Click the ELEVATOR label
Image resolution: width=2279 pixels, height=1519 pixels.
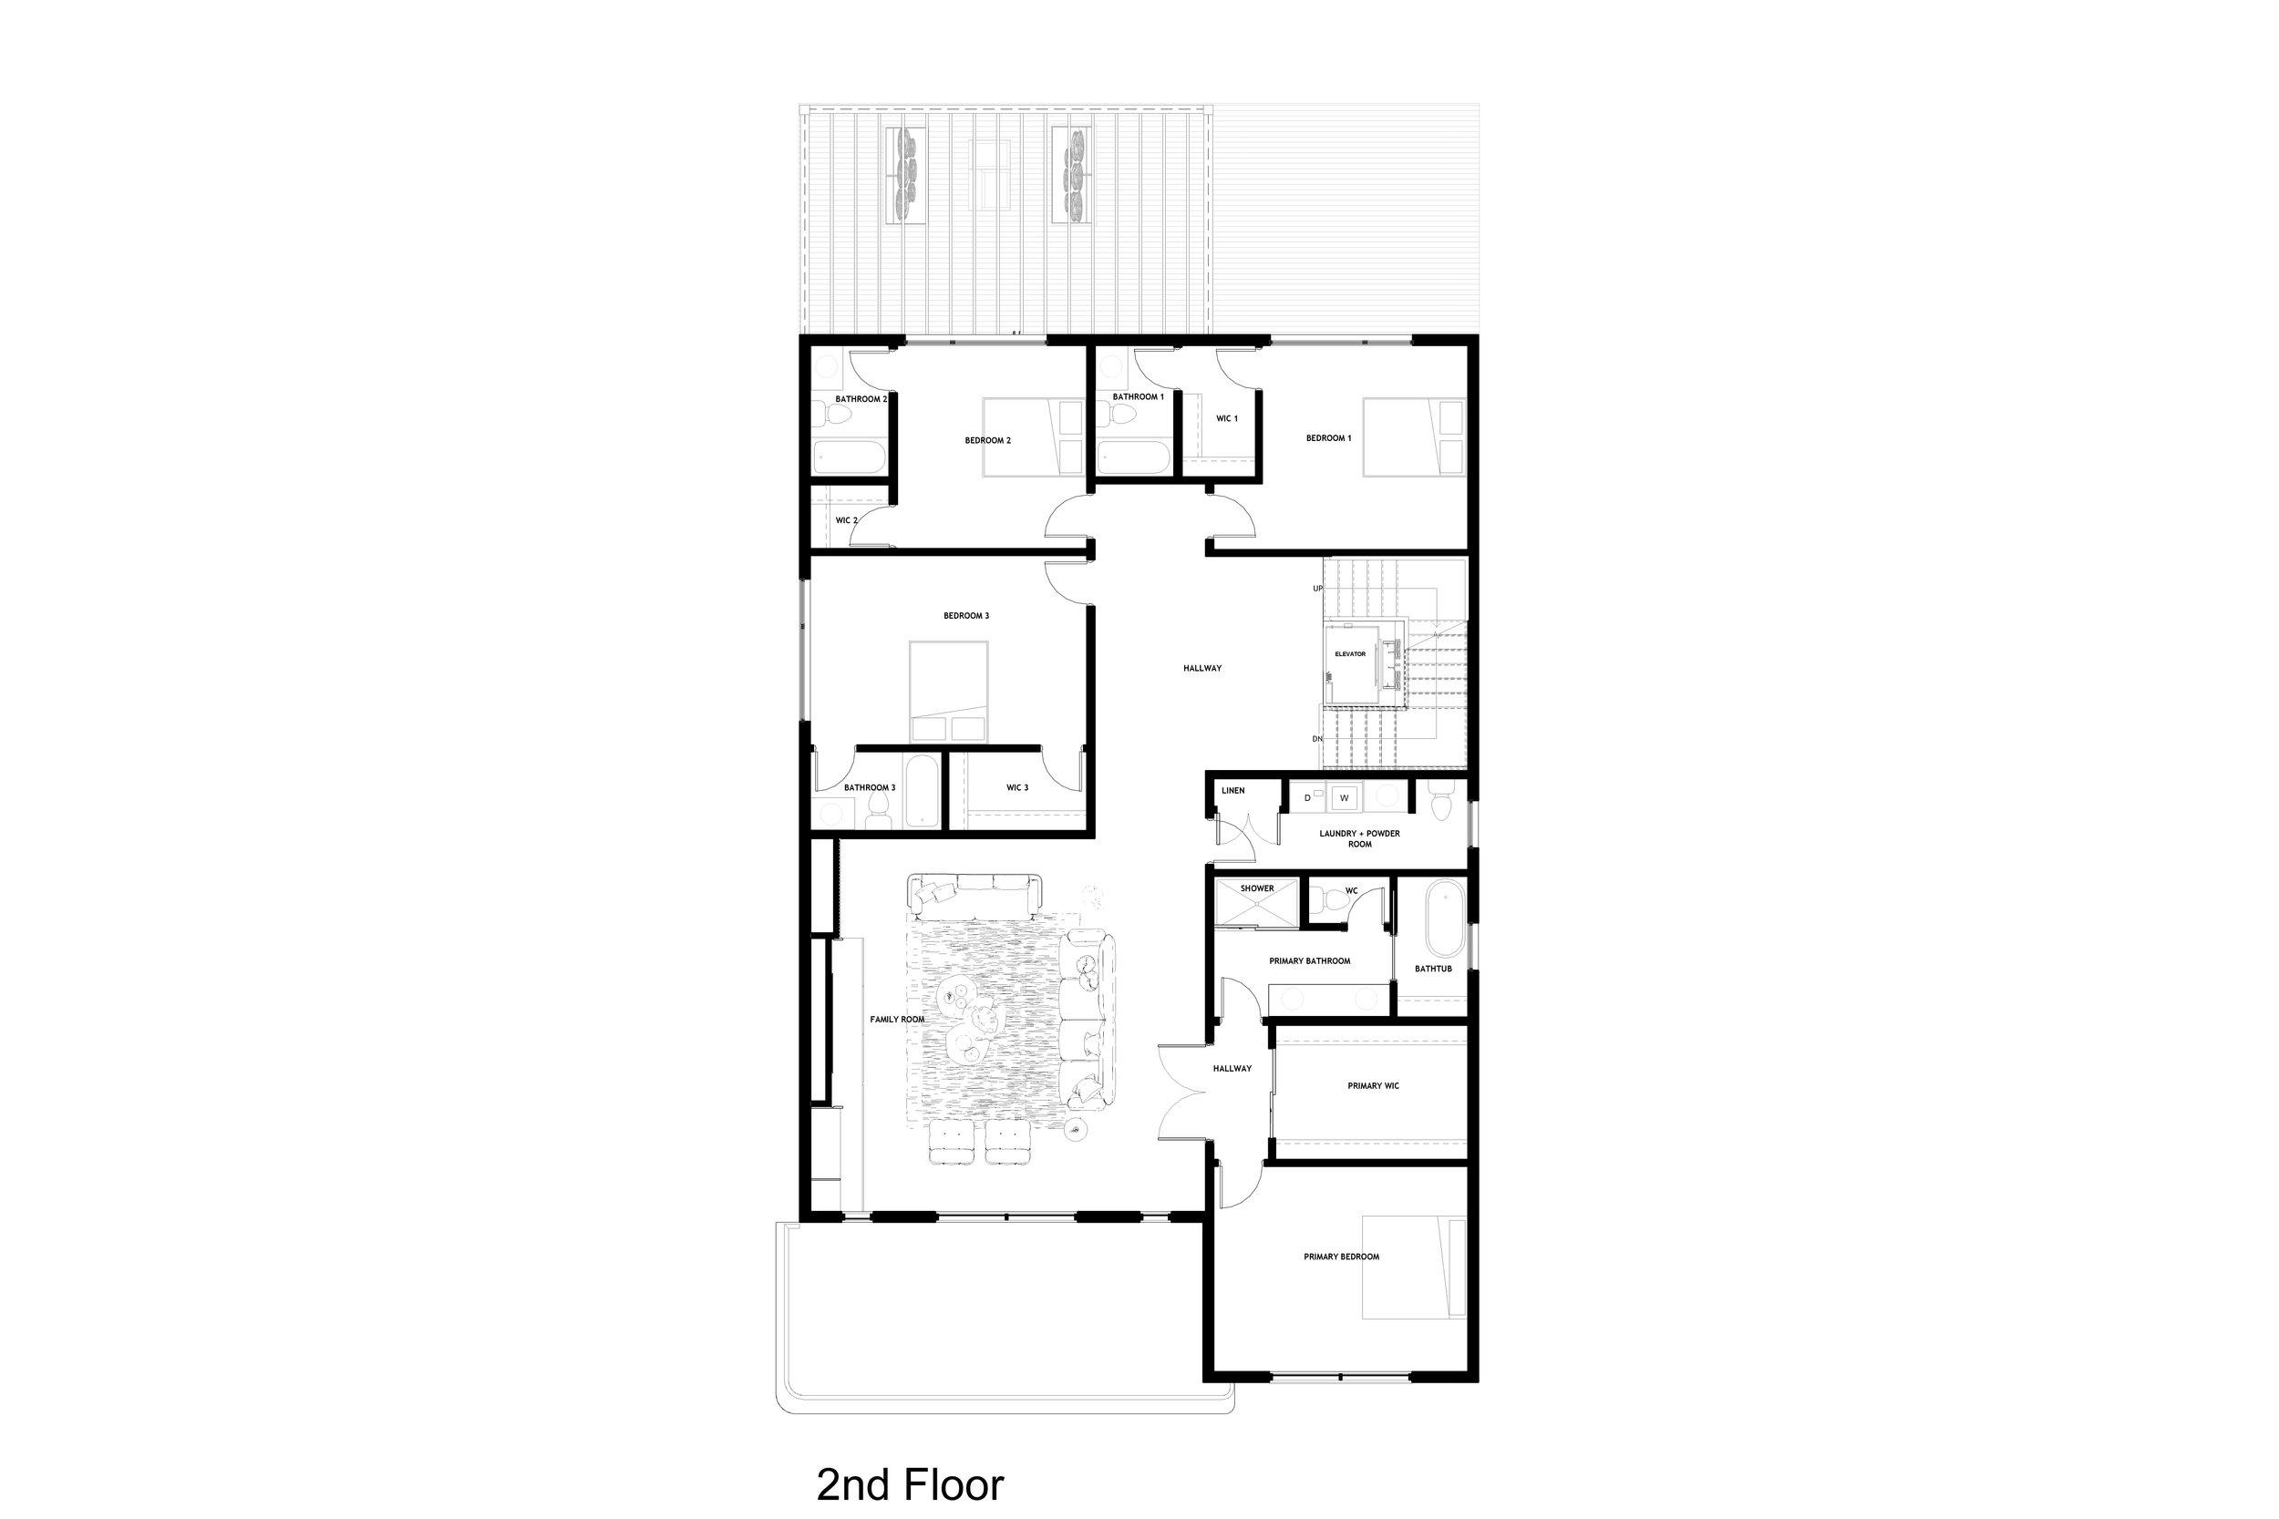[x=1350, y=654]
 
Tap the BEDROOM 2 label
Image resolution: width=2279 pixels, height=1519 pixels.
[x=987, y=441]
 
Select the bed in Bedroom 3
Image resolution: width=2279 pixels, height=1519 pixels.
[x=949, y=691]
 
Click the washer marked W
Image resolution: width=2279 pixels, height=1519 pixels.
[x=1344, y=797]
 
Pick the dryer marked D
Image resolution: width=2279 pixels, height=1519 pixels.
[x=1308, y=797]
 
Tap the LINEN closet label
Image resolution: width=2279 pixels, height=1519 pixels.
[x=1232, y=791]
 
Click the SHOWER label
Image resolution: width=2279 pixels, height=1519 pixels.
[x=1257, y=888]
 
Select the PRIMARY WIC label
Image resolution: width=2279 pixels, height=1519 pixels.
[x=1373, y=1086]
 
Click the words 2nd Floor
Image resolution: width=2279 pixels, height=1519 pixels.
[x=910, y=1483]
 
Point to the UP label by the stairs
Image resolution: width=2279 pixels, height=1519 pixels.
[x=1318, y=588]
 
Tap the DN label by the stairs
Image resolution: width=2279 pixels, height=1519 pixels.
[x=1318, y=739]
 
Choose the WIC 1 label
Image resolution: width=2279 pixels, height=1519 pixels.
[x=1227, y=418]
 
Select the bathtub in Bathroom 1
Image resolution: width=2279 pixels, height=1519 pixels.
[x=1135, y=457]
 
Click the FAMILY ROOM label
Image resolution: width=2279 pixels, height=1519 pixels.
[x=897, y=1019]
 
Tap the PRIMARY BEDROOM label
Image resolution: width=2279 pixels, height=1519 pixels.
[x=1341, y=1257]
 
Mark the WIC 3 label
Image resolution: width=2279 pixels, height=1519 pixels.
[x=1017, y=787]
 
